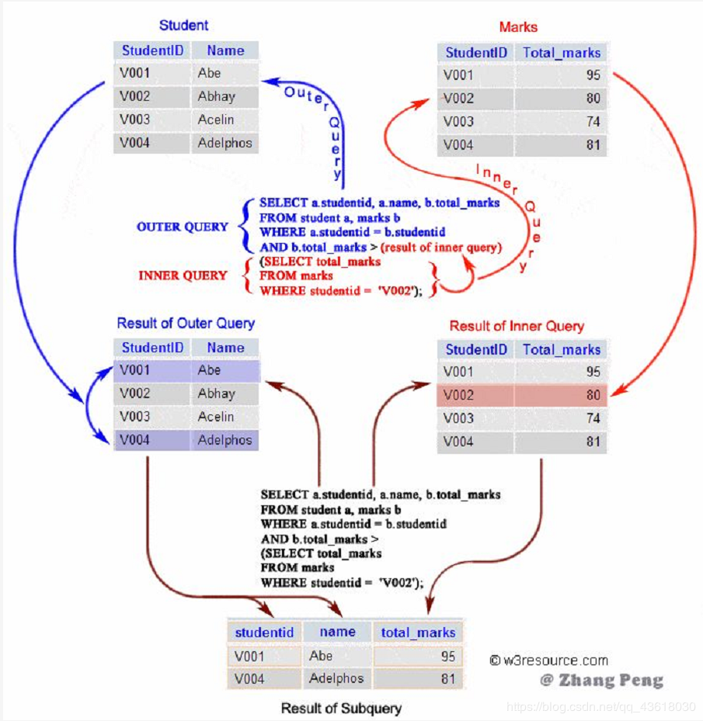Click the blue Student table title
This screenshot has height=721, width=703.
183,26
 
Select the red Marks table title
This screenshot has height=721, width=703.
518,27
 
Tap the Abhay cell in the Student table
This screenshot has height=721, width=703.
216,96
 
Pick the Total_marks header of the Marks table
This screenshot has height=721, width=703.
562,53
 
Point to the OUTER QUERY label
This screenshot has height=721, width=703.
183,227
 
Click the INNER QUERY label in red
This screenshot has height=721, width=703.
183,276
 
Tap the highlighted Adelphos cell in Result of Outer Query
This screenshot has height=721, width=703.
224,440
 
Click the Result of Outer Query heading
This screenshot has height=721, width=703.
186,323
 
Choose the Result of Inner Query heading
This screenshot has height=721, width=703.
517,326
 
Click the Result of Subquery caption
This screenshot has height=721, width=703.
341,708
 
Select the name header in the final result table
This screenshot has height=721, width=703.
337,632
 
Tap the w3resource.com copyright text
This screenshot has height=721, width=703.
548,660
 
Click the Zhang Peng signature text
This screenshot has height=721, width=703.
602,681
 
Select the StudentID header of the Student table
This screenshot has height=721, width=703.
152,51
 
